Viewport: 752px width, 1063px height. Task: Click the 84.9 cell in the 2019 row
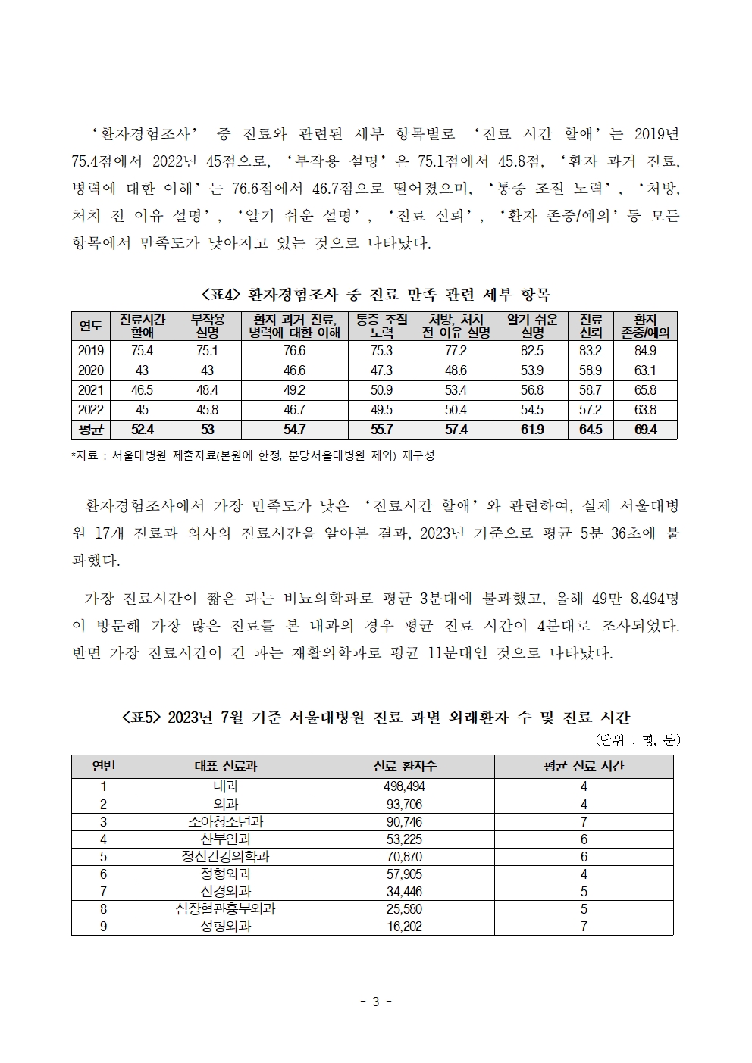[645, 351]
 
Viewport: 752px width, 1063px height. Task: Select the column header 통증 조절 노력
[381, 326]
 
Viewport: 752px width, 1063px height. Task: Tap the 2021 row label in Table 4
[91, 390]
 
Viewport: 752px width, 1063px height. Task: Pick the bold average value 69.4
[645, 430]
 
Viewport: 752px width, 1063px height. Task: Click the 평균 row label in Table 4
[91, 430]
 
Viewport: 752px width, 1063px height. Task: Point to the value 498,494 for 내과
[404, 787]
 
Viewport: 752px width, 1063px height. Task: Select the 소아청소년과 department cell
[225, 822]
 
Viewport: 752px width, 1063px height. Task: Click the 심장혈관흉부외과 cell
[225, 909]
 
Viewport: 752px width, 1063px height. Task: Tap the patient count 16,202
[404, 927]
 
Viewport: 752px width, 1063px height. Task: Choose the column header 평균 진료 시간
[583, 766]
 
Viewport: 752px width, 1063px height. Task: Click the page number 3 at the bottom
[375, 1002]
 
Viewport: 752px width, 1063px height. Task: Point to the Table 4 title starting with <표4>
[376, 295]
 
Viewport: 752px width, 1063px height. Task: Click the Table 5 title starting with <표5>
[376, 717]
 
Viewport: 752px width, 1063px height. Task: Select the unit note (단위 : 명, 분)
[637, 740]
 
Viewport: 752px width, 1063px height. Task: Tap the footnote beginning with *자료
[252, 455]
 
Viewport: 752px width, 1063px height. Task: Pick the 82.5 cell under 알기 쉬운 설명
[532, 351]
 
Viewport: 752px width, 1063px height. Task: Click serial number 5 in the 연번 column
[103, 857]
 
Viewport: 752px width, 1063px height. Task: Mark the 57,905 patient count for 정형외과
[404, 874]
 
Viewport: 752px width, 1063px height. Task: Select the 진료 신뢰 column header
[591, 326]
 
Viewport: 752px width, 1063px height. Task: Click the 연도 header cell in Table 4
[91, 326]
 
